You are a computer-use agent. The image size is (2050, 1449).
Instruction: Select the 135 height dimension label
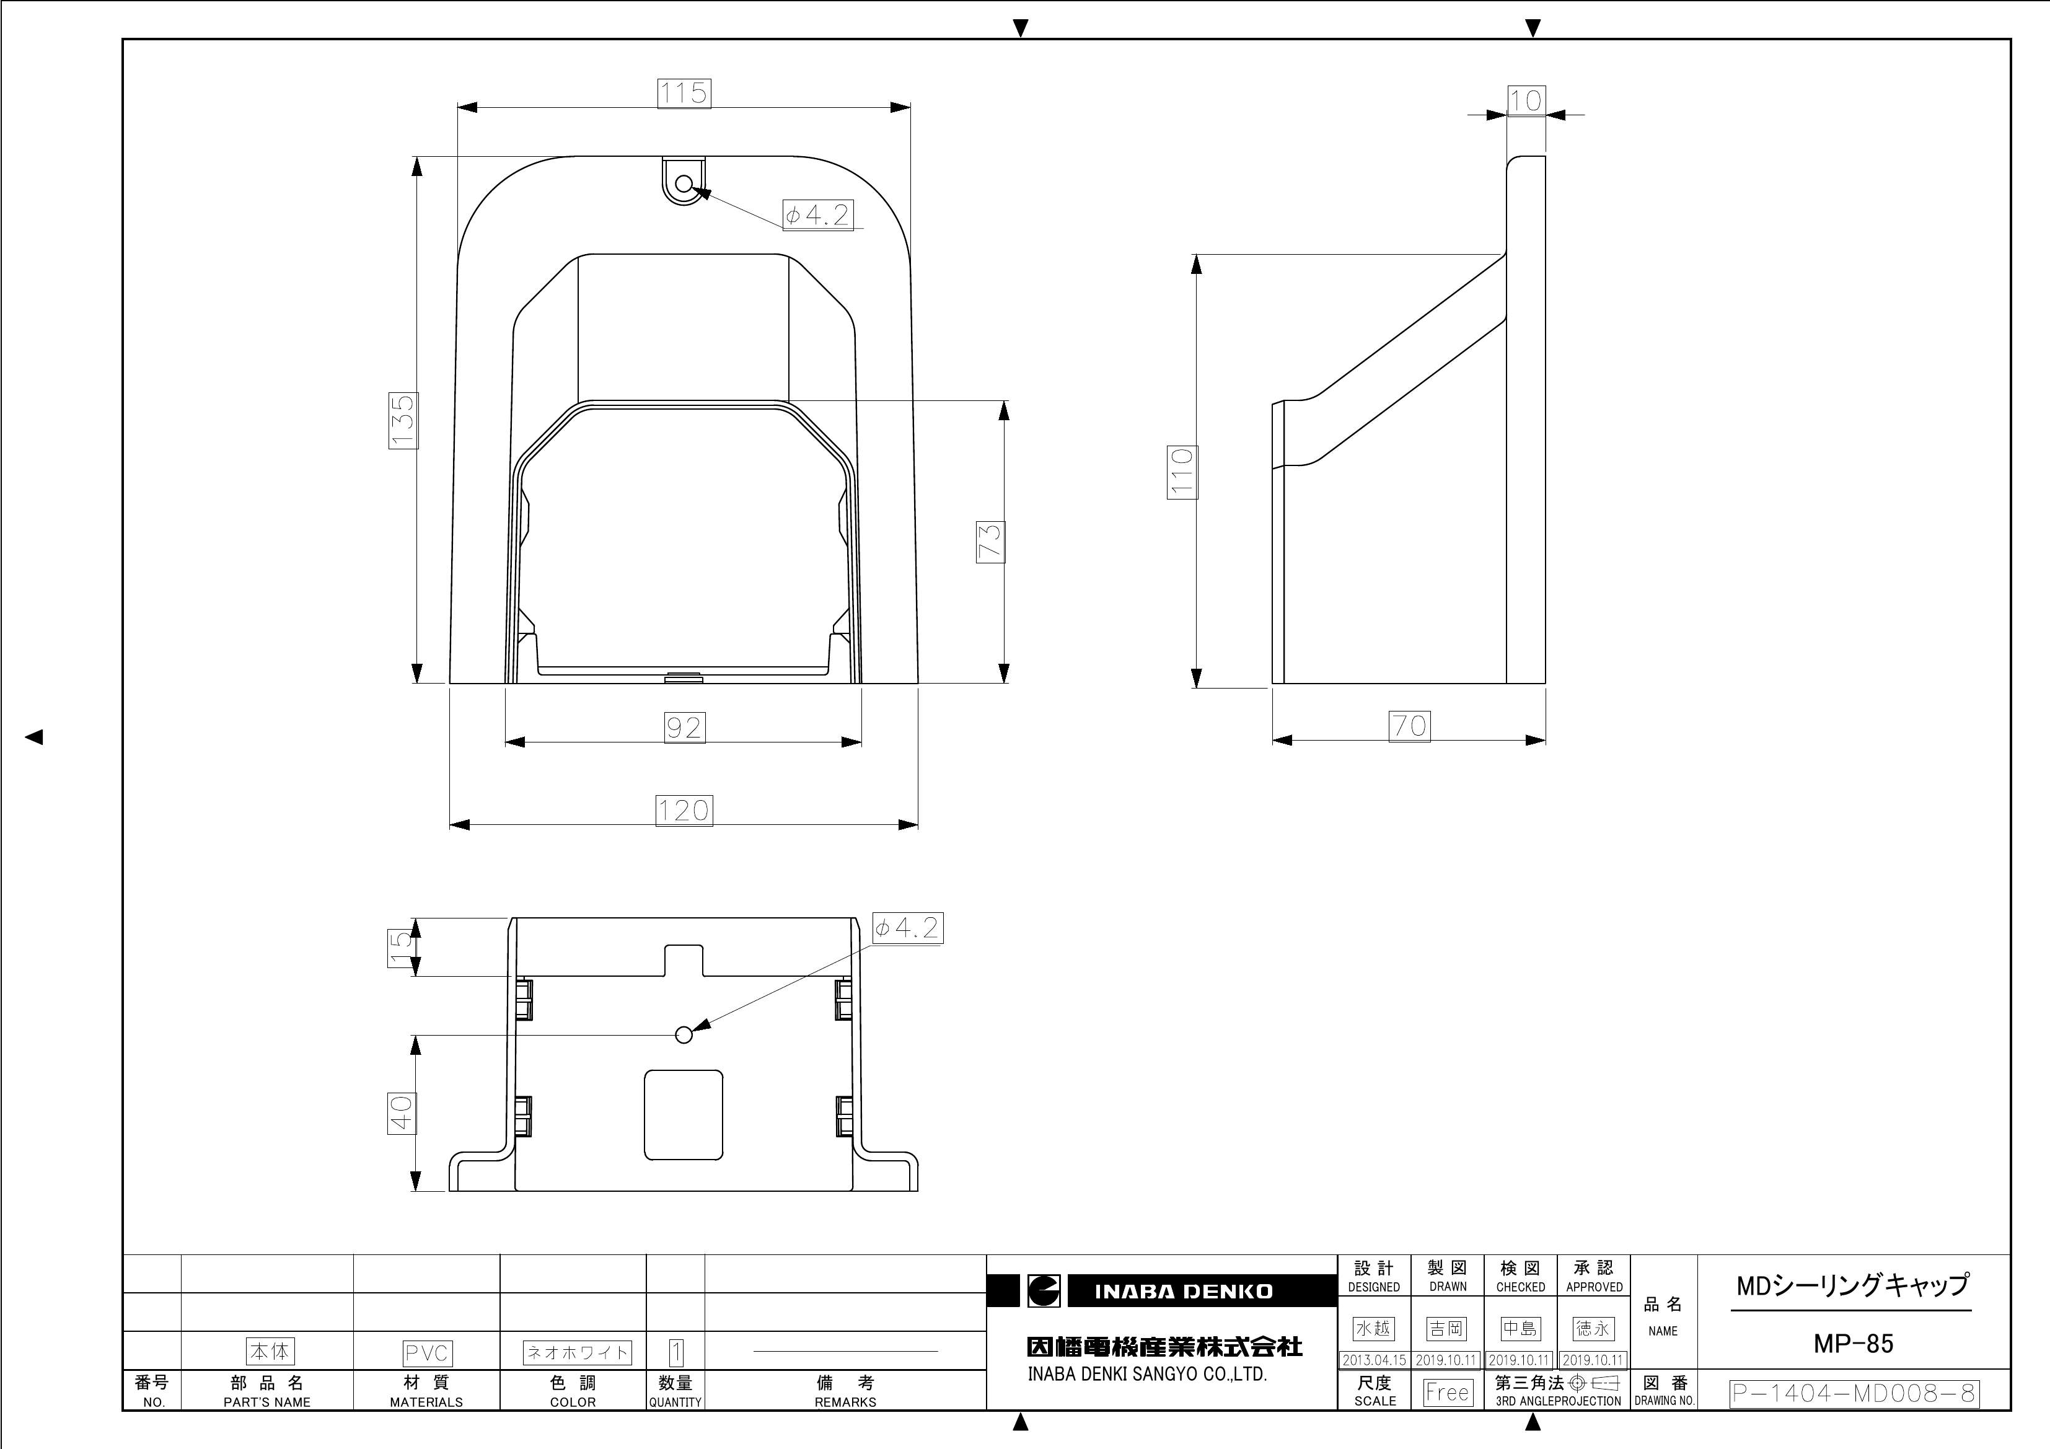click(x=403, y=420)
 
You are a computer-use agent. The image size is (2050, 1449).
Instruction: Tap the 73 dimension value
click(x=990, y=542)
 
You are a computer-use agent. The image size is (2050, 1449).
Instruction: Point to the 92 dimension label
click(x=685, y=728)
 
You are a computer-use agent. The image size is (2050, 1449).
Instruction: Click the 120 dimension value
click(x=684, y=811)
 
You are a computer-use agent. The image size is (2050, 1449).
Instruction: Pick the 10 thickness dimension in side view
click(x=1526, y=100)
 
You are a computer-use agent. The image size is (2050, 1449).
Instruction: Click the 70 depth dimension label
click(x=1409, y=726)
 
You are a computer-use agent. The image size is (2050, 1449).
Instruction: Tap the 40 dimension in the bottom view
click(x=402, y=1113)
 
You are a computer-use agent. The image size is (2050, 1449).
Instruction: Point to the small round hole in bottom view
click(x=684, y=1035)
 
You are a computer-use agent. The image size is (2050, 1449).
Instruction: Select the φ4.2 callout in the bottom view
click(x=906, y=928)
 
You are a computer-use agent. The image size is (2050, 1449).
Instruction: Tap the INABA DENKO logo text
click(x=1183, y=1292)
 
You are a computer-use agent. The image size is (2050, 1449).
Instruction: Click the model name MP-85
click(x=1853, y=1344)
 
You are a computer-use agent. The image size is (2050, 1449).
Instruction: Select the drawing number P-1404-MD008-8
click(x=1854, y=1394)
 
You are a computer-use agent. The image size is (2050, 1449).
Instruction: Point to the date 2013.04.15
click(x=1373, y=1360)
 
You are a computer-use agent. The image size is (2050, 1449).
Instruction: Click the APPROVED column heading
click(x=1594, y=1287)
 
